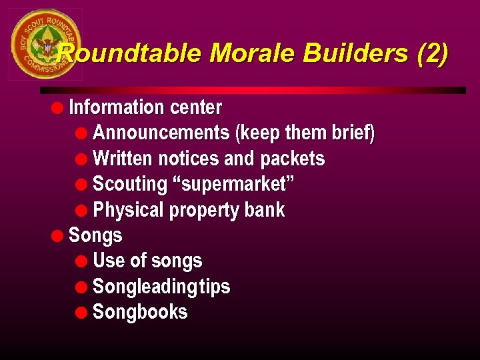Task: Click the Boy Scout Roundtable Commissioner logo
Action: click(x=45, y=45)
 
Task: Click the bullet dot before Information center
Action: click(x=59, y=107)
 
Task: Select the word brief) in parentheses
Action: click(x=353, y=133)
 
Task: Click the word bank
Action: click(x=265, y=210)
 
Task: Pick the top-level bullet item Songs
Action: click(x=95, y=235)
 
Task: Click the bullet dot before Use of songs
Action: click(x=83, y=261)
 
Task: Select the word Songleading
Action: click(x=141, y=287)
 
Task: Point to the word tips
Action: click(x=211, y=287)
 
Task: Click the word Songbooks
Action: click(x=140, y=312)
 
